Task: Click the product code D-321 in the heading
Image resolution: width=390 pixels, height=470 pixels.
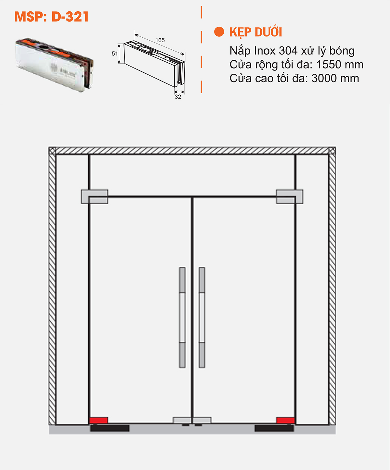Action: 70,17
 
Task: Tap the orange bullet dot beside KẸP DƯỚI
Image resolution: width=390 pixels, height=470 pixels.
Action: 219,32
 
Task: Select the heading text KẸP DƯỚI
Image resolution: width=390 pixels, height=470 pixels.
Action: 255,32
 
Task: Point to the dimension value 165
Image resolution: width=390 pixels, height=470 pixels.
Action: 160,40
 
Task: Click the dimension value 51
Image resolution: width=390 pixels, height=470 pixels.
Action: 115,54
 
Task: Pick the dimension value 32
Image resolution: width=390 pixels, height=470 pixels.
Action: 178,97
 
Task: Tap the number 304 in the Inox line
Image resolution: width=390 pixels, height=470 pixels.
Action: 288,51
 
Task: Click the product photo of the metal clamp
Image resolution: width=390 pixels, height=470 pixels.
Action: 54,64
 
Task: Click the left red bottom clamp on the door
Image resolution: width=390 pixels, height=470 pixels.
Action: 98,420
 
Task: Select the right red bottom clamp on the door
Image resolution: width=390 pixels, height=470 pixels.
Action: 285,420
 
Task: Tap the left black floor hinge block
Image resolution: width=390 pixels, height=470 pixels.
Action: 110,428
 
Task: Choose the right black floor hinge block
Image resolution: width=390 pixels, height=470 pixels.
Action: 274,428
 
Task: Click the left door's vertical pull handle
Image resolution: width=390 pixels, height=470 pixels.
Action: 182,317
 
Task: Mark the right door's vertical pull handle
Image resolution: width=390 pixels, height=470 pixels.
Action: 202,317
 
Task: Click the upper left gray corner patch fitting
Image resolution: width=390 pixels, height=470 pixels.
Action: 94,197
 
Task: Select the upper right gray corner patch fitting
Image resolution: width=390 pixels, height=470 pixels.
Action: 289,197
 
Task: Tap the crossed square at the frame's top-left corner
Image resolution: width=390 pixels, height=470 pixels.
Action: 52,151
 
